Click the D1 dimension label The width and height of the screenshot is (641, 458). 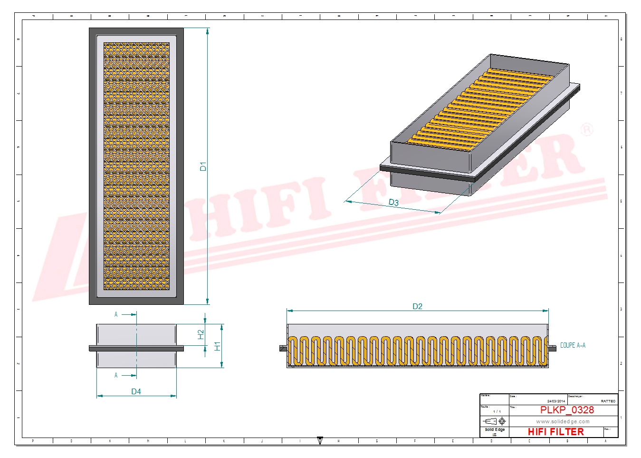pyautogui.click(x=203, y=166)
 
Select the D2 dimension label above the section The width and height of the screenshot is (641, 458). pyautogui.click(x=417, y=306)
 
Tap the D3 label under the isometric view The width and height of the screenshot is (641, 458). pyautogui.click(x=393, y=202)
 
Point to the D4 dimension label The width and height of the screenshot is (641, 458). pyautogui.click(x=136, y=391)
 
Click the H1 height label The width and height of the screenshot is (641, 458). pyautogui.click(x=218, y=346)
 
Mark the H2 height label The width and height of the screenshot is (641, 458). pyautogui.click(x=201, y=335)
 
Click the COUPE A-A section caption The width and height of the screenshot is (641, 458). pyautogui.click(x=573, y=345)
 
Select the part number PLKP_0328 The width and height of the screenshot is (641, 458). pyautogui.click(x=566, y=410)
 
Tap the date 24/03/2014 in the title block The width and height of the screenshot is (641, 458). pyautogui.click(x=556, y=401)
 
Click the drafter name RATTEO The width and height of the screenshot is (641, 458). pyautogui.click(x=608, y=401)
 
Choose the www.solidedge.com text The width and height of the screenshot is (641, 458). pyautogui.click(x=563, y=421)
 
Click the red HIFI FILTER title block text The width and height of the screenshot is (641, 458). pyautogui.click(x=555, y=432)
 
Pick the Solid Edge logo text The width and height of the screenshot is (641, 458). pyautogui.click(x=494, y=429)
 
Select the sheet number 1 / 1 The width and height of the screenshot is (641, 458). pyautogui.click(x=497, y=411)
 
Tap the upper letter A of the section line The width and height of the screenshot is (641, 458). pyautogui.click(x=116, y=314)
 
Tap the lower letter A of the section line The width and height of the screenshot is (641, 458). pyautogui.click(x=116, y=375)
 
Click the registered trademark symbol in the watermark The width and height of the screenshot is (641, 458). pyautogui.click(x=587, y=129)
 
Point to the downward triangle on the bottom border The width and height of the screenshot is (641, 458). pyautogui.click(x=320, y=440)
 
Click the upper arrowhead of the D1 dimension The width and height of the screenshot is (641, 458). pyautogui.click(x=208, y=31)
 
